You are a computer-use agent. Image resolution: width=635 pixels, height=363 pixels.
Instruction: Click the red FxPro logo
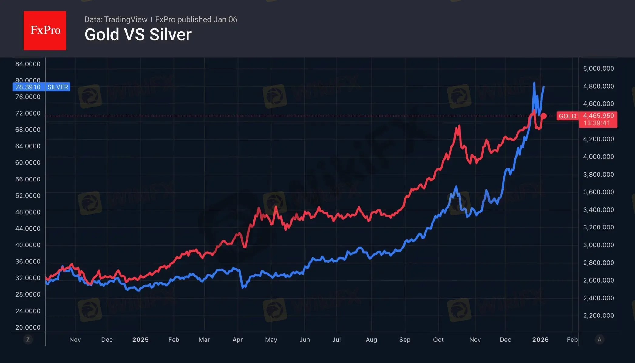coord(45,30)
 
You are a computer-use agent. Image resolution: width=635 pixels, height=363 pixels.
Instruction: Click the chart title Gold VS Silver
coord(138,35)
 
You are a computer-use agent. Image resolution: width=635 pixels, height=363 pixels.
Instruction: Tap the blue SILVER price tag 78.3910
coord(28,87)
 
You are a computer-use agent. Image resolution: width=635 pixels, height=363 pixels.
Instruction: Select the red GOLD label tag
coord(567,116)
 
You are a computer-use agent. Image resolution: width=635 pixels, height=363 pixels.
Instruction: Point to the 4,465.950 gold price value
coord(598,116)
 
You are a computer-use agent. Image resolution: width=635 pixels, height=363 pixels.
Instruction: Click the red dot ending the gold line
coord(544,116)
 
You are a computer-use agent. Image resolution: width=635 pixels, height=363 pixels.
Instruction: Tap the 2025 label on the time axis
coord(140,340)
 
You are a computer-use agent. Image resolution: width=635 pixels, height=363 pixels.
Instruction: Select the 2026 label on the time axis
coord(540,340)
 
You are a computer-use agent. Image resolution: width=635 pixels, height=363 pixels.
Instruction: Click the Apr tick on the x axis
coord(237,340)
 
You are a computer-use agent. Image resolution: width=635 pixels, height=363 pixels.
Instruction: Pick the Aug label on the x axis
coord(371,340)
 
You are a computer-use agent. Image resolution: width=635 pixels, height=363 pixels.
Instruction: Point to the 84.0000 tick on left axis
coord(28,64)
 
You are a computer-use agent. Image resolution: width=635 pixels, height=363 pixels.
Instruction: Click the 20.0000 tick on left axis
coord(28,327)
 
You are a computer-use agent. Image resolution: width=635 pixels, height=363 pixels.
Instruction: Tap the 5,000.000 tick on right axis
coord(598,69)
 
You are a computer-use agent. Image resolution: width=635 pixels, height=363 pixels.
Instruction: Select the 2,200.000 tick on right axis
coord(598,316)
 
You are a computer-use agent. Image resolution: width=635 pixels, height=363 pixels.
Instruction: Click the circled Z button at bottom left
coord(28,339)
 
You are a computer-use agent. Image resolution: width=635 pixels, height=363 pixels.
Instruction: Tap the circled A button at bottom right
coord(599,339)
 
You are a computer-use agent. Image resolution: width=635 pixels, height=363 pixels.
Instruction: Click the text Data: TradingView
coord(116,19)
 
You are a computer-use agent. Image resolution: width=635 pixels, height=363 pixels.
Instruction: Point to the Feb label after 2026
coord(572,340)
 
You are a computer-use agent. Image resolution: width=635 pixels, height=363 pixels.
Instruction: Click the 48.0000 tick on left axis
coord(28,212)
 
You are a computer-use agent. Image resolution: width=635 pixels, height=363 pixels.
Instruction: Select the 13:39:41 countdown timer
coord(596,123)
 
